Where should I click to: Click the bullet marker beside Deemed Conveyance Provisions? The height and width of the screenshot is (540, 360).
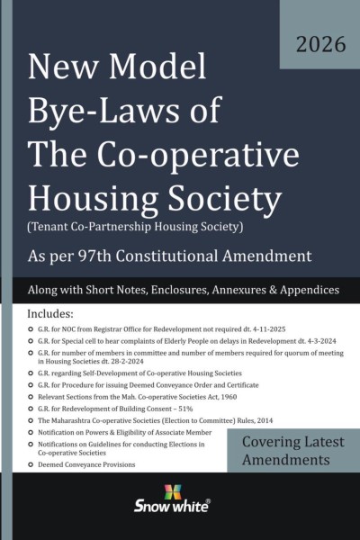point(32,491)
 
